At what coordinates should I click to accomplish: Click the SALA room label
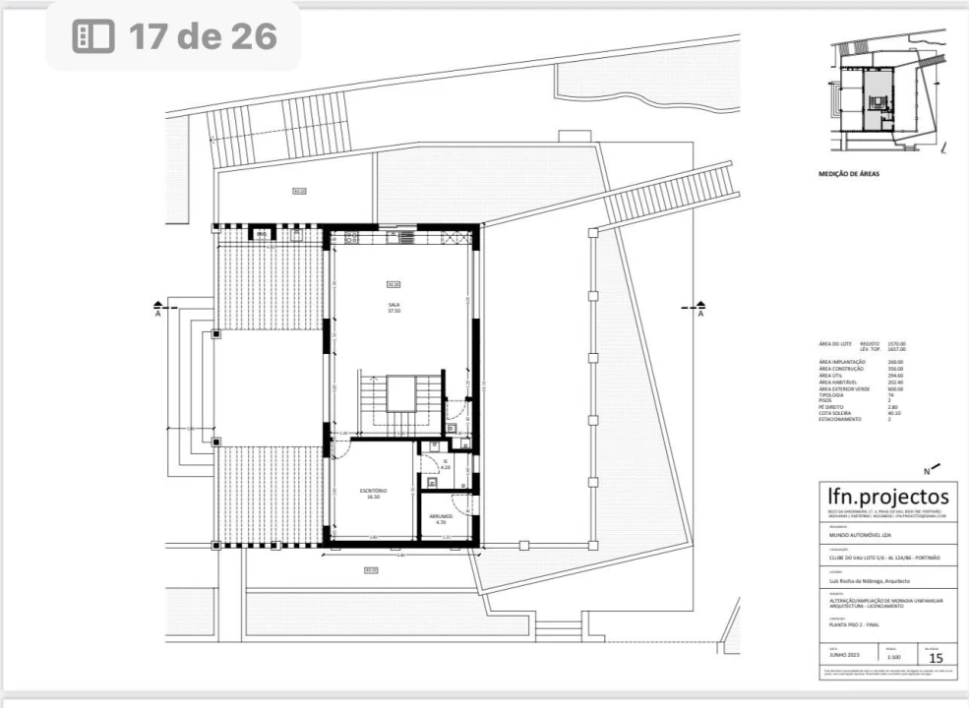394,306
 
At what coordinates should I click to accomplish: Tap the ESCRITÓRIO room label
373,491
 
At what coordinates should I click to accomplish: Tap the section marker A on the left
158,314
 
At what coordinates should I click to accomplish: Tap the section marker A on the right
700,314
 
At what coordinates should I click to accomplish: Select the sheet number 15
936,657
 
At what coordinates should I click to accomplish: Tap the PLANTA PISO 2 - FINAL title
854,625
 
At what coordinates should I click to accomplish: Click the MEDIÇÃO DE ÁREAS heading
849,174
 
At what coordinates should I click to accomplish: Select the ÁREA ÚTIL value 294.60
895,375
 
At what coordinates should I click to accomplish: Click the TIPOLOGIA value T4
890,394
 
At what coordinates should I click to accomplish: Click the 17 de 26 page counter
175,36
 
